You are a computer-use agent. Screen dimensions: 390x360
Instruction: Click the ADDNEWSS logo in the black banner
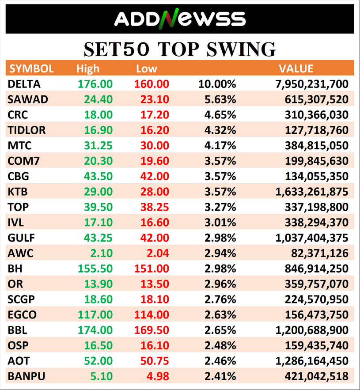click(x=179, y=19)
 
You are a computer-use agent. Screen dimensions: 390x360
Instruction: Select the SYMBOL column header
click(x=31, y=68)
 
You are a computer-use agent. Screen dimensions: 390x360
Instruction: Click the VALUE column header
click(x=296, y=68)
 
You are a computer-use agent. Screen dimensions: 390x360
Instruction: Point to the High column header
click(x=88, y=68)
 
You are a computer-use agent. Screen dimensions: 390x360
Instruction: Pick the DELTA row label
click(x=24, y=84)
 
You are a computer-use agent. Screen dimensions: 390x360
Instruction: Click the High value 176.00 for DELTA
click(x=95, y=84)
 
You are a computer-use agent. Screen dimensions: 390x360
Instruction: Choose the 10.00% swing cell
click(x=220, y=84)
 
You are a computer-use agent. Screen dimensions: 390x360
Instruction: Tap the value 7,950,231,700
click(x=312, y=84)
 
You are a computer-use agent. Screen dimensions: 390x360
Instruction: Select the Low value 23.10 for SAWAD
click(x=155, y=99)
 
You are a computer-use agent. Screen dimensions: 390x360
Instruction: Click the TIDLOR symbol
click(x=27, y=130)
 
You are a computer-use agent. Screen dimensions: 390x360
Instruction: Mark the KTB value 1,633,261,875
click(x=312, y=192)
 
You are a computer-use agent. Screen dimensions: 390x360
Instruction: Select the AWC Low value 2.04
click(x=157, y=253)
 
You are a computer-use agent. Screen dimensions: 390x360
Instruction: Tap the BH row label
click(x=15, y=269)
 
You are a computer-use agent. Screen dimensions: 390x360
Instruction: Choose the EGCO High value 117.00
click(x=95, y=315)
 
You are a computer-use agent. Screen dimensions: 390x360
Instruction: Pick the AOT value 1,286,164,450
click(x=312, y=361)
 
